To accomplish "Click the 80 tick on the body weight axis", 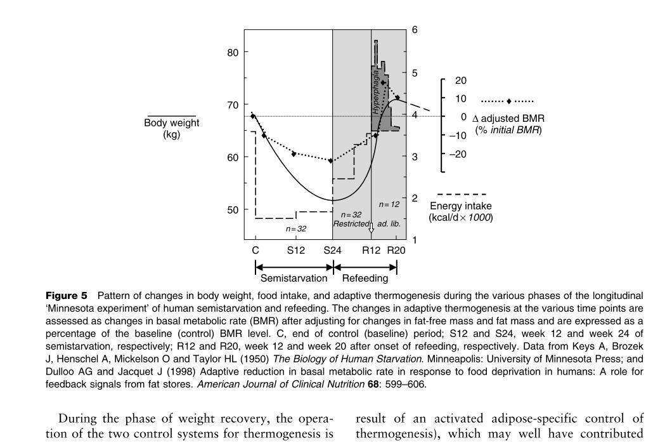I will [233, 53].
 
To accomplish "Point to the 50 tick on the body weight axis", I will [233, 210].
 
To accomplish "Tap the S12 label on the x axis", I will [296, 250].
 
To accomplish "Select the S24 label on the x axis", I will [332, 250].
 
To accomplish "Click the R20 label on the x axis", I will [396, 250].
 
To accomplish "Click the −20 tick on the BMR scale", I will [458, 154].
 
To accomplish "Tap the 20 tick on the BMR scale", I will [460, 81].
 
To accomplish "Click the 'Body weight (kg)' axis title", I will [172, 128].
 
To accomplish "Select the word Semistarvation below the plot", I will [294, 278].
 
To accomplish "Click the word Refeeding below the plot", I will [365, 278].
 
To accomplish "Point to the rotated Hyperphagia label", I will [375, 95].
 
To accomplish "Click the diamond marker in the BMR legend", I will [508, 102].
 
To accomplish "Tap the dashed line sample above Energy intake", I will [462, 194].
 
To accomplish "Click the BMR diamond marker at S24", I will [331, 161].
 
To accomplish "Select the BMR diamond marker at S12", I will [294, 154].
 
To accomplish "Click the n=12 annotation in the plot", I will [389, 204].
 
